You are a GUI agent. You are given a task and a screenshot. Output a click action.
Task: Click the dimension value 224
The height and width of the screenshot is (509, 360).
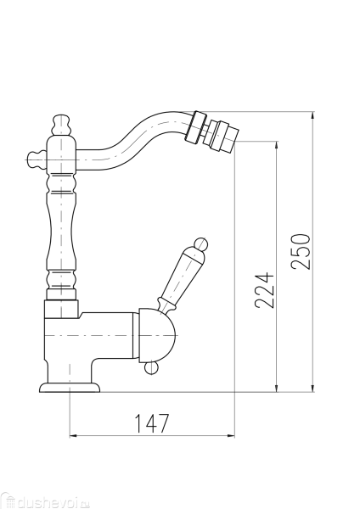pyautogui.click(x=264, y=291)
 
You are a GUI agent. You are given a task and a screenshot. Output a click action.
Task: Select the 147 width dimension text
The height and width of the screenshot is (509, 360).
pyautogui.click(x=152, y=422)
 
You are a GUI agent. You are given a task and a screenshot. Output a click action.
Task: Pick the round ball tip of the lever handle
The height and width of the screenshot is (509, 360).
pyautogui.click(x=200, y=246)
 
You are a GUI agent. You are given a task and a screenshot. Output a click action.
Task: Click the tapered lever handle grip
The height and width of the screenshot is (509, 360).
pyautogui.click(x=181, y=276)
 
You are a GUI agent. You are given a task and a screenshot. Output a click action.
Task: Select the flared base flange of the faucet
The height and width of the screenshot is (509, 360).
pyautogui.click(x=70, y=388)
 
